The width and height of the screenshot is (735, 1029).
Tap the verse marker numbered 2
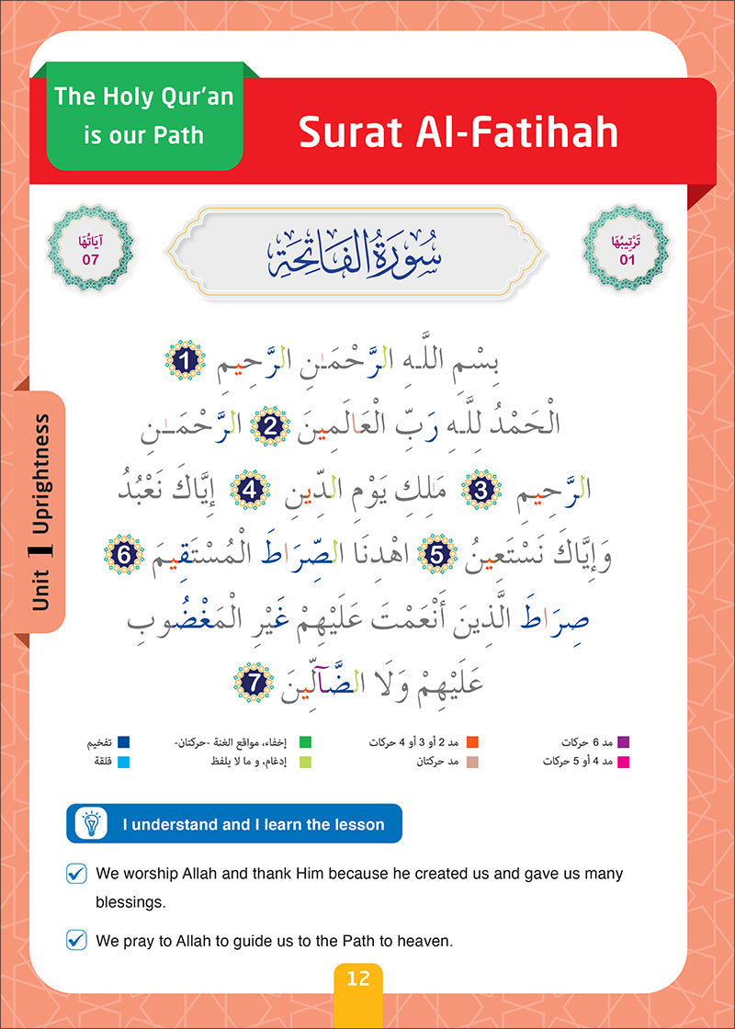271,424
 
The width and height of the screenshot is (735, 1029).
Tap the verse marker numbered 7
254,682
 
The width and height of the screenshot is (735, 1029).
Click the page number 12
358,978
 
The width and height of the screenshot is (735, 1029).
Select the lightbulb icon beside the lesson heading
91,824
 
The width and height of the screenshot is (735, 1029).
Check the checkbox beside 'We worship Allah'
77,874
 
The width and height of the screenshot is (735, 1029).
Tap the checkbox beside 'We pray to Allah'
77,939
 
